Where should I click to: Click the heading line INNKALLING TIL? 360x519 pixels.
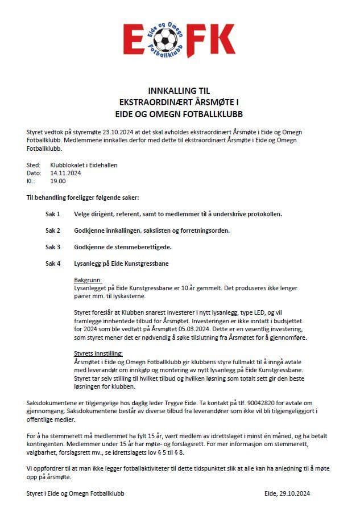point(179,91)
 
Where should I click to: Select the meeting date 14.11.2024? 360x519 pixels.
point(65,173)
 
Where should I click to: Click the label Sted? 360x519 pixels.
point(34,165)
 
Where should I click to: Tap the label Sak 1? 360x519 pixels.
point(53,214)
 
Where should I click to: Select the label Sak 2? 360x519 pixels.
point(53,230)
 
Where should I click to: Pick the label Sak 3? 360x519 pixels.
point(53,247)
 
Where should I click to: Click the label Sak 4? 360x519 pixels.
point(53,263)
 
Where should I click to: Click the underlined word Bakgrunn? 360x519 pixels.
point(88,281)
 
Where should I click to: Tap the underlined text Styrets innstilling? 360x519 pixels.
point(98,354)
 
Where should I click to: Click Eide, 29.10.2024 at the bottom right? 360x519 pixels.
point(287,493)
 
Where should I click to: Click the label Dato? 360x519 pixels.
point(34,173)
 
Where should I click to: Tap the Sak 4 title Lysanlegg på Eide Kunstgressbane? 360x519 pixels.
point(121,263)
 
